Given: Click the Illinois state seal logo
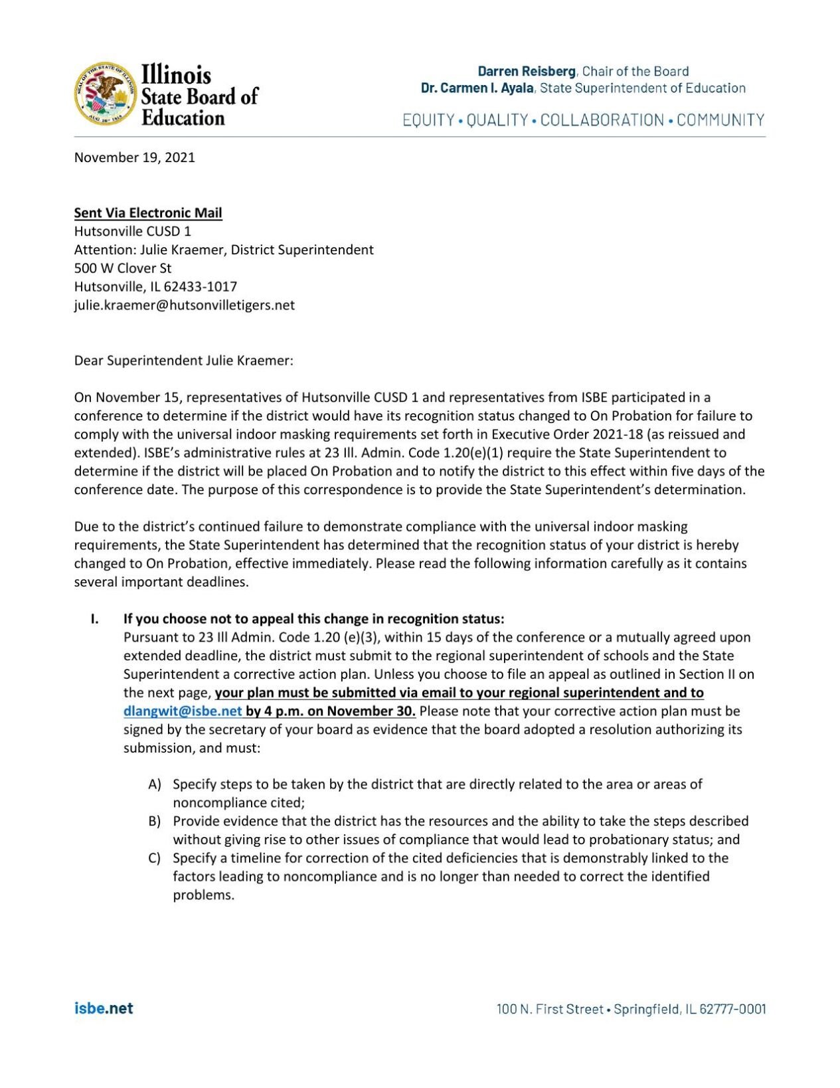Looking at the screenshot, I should coord(105,94).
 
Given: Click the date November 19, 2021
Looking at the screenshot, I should coord(134,157).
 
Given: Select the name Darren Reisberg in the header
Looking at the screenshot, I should coord(526,71).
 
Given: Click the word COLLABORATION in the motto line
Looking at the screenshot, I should coord(602,120).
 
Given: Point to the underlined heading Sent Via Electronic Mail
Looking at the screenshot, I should coord(148,213).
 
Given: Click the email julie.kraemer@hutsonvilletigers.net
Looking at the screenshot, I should coord(184,306).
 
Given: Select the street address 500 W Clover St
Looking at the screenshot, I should coord(122,268).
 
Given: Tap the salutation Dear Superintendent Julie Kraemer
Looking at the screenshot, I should coord(183,361).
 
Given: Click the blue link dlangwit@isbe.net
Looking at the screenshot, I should coord(183,711).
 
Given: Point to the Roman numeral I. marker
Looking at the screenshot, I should coord(95,619).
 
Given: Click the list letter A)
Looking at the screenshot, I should coord(155,784).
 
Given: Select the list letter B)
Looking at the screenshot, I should coord(155,822).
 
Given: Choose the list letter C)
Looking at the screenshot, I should coord(155,858).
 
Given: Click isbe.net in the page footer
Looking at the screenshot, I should coord(104,1008).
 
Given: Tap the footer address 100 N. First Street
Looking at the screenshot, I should coord(550,1009).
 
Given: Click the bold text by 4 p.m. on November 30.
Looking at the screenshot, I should coord(331,711).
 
